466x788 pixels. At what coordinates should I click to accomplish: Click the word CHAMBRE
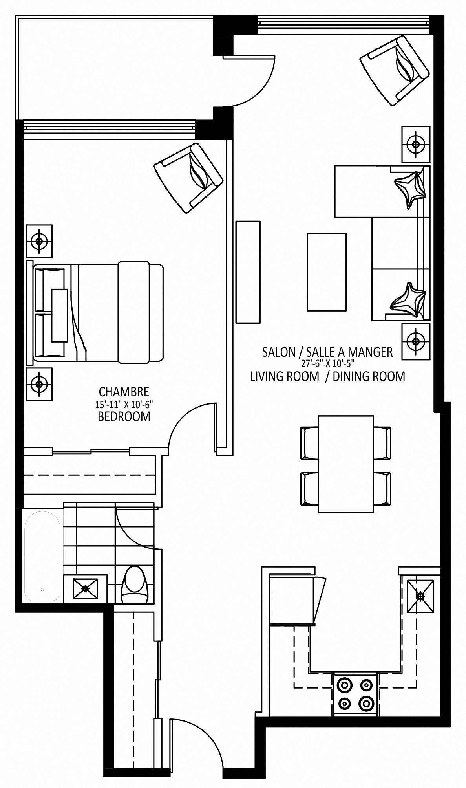(x=124, y=392)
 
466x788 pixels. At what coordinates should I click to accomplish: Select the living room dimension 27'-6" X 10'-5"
(x=327, y=363)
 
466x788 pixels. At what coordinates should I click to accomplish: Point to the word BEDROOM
(x=124, y=416)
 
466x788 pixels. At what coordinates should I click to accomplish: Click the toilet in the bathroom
(x=134, y=585)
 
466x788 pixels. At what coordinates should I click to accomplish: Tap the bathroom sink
(x=85, y=588)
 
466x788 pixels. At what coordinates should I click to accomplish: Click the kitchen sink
(x=421, y=596)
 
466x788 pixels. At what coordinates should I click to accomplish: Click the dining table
(x=345, y=464)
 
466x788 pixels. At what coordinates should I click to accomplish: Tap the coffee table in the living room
(x=327, y=272)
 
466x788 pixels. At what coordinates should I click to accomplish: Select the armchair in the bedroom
(x=188, y=178)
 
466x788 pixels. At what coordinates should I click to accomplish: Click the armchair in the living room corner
(x=395, y=71)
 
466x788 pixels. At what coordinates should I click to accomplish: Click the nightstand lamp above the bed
(x=39, y=241)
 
